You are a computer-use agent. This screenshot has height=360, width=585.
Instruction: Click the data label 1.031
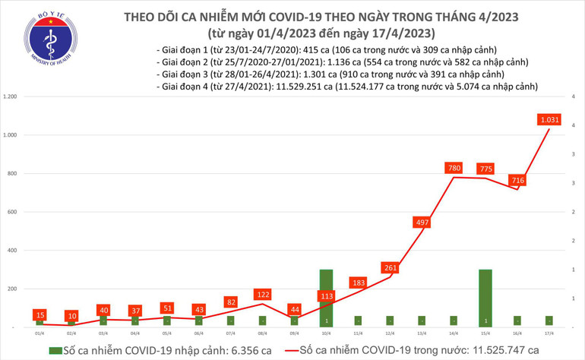click(549, 119)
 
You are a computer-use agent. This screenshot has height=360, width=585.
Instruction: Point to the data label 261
click(390, 267)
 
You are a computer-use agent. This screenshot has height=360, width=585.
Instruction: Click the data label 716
click(517, 180)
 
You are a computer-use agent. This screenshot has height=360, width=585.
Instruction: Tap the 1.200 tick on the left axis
click(11, 97)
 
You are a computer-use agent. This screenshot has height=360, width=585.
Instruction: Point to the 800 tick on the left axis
click(13, 174)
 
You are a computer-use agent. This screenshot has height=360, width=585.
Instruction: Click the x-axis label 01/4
click(38, 333)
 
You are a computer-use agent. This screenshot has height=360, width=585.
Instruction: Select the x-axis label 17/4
click(549, 333)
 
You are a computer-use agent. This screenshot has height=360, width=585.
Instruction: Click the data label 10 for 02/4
click(71, 315)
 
